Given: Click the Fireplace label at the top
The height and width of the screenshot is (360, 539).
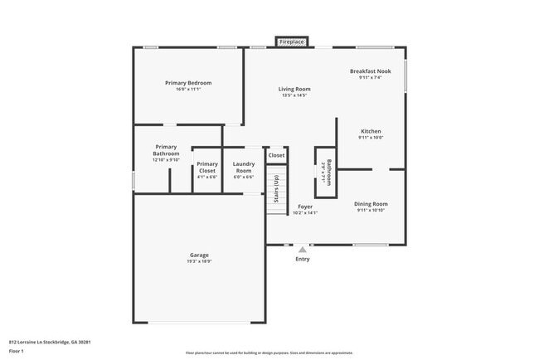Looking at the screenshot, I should pyautogui.click(x=292, y=41).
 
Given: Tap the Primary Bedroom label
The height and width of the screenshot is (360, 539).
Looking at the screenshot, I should pyautogui.click(x=188, y=83).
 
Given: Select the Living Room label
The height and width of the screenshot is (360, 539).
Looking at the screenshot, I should pyautogui.click(x=294, y=89).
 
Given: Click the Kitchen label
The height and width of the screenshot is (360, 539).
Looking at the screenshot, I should pyautogui.click(x=370, y=131).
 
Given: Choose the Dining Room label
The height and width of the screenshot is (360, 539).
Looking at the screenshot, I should pyautogui.click(x=371, y=203).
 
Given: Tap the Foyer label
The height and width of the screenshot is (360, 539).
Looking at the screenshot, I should pyautogui.click(x=305, y=207).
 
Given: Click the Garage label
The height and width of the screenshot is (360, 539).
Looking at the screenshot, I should pyautogui.click(x=199, y=255).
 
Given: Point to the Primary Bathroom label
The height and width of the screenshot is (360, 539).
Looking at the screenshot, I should pyautogui.click(x=166, y=150).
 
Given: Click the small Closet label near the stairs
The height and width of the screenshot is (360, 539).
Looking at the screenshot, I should pyautogui.click(x=276, y=155).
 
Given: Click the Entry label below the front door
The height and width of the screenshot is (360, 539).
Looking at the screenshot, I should pyautogui.click(x=303, y=260).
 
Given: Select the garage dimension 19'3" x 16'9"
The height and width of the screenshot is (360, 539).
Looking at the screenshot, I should pyautogui.click(x=199, y=261).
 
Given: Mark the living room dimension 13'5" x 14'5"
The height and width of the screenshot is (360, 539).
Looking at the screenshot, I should pyautogui.click(x=294, y=95).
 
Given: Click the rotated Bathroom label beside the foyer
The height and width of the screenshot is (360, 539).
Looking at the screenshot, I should pyautogui.click(x=329, y=171).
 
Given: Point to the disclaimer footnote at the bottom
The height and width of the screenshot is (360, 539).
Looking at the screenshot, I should pyautogui.click(x=269, y=352).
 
